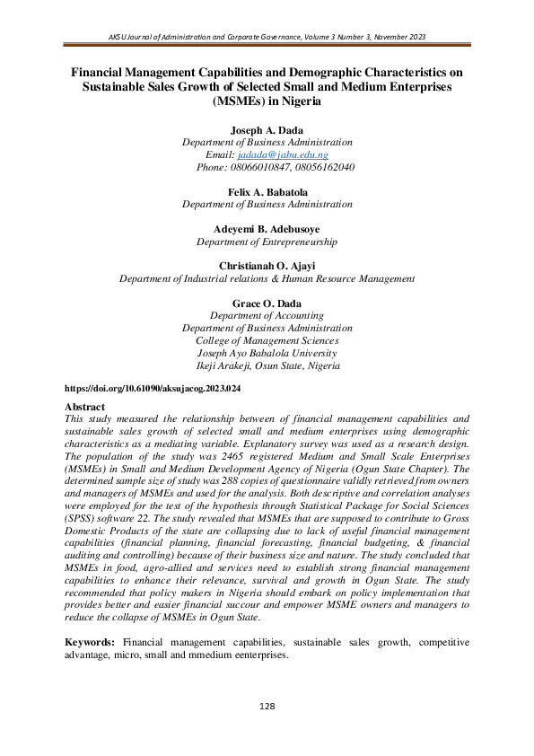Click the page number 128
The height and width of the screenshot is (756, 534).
click(267, 707)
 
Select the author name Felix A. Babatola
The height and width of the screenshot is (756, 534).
click(267, 191)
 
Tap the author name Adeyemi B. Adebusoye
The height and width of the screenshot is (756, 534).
click(267, 229)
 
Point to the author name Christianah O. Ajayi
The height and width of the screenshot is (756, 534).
click(267, 266)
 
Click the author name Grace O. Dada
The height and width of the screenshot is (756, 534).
click(267, 303)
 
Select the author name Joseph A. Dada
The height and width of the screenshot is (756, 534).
click(267, 129)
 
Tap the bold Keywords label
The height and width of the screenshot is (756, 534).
click(92, 643)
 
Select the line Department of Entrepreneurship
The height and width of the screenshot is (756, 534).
click(267, 242)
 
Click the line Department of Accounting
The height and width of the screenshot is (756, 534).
click(267, 315)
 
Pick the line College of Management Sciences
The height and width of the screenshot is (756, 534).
click(267, 340)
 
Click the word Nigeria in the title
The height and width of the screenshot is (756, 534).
click(301, 101)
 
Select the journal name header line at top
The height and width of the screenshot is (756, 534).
click(267, 37)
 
